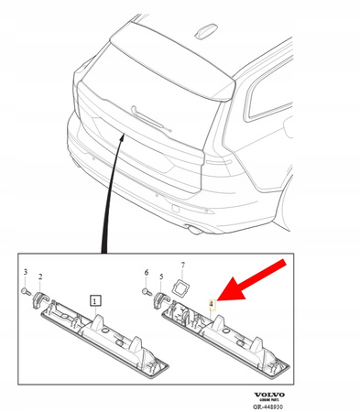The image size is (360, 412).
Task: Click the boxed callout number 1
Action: point(96,299)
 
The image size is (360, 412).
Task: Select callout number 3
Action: point(26,273)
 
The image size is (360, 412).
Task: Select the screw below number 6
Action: point(147,290)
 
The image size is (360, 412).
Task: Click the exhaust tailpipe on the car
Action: point(193,224)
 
